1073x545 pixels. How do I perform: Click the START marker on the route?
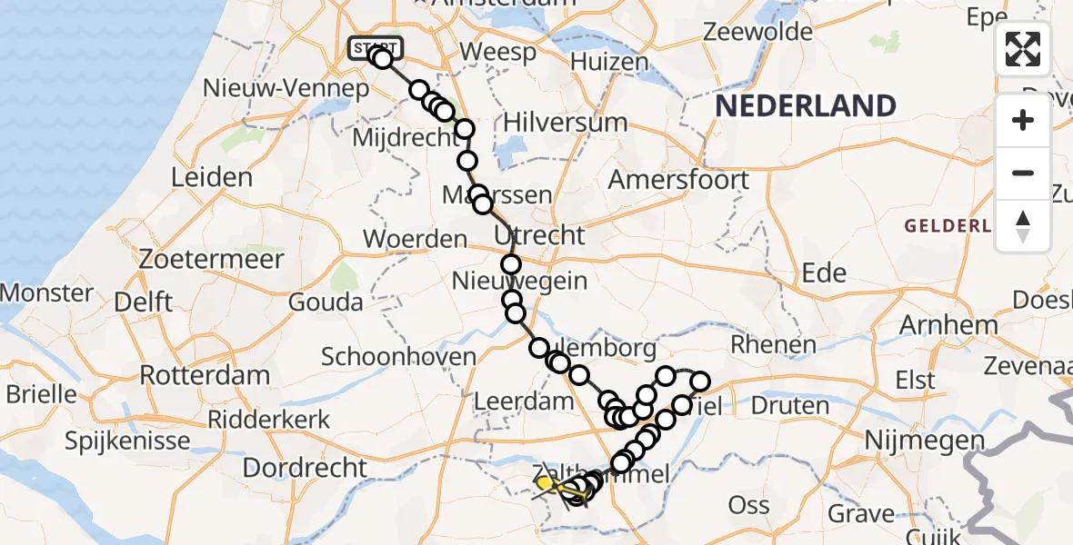point(375,47)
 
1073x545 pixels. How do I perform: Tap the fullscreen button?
point(1023,49)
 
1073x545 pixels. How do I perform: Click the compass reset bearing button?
point(1023,226)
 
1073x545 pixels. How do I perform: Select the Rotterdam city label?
point(205,375)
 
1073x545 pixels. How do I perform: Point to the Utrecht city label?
point(539,235)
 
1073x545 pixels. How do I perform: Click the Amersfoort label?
point(678,179)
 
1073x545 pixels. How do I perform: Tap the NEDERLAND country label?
point(806,106)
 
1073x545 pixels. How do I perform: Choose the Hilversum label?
point(566,123)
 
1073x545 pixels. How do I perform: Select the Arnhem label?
point(948,324)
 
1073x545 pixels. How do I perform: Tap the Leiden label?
point(211,176)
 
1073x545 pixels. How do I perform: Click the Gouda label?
point(326,302)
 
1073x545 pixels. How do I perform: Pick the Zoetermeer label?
point(199,259)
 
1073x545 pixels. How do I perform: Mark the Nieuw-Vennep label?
point(301,88)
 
